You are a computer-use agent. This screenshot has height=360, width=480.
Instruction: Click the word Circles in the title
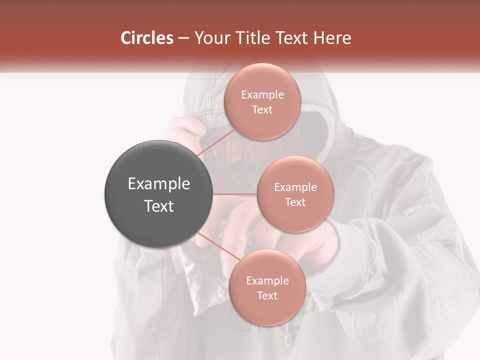point(147,38)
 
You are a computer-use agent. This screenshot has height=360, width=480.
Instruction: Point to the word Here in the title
point(333,38)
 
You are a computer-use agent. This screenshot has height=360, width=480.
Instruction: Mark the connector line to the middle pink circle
point(234,194)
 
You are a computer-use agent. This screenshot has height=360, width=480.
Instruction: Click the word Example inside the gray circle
point(158,184)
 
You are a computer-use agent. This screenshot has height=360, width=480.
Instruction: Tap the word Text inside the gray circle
point(158,206)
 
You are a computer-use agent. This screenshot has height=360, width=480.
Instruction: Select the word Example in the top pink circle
point(262,95)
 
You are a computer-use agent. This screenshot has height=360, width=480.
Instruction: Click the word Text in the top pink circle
point(262,110)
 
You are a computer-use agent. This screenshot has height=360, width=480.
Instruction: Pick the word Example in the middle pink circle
point(295,187)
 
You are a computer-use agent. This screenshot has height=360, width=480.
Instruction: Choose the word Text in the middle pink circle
point(295,202)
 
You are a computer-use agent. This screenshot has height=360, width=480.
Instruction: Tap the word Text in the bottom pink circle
point(267,295)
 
